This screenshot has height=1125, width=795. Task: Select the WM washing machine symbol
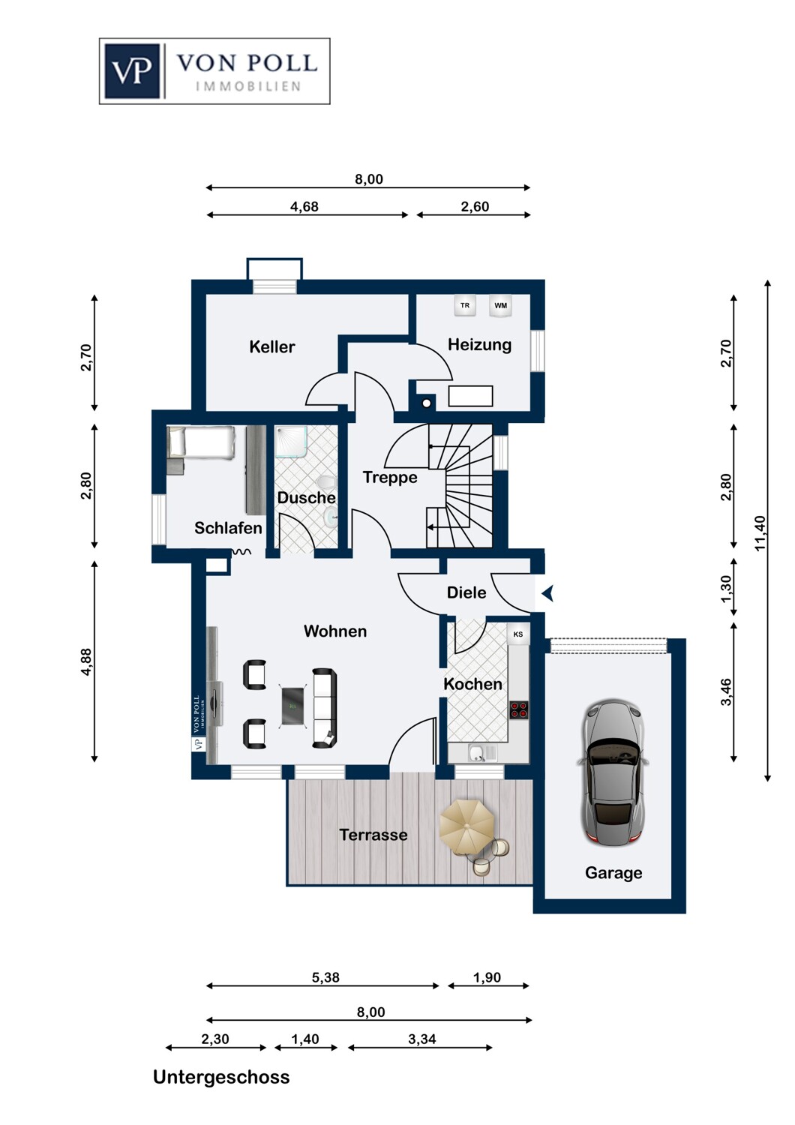[500, 305]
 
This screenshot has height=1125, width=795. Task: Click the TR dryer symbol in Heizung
[464, 305]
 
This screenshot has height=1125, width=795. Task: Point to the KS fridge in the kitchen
[517, 634]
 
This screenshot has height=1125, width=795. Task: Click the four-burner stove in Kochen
[519, 709]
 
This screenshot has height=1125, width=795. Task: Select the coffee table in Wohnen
[292, 706]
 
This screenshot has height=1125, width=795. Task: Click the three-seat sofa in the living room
[325, 708]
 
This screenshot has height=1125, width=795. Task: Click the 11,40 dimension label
[760, 532]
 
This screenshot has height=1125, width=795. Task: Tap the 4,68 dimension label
[304, 206]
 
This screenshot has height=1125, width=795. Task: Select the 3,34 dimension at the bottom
[421, 1039]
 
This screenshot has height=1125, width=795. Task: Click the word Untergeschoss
[221, 1077]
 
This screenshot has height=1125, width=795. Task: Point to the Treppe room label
[390, 477]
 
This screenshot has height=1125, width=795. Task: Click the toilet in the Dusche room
[327, 481]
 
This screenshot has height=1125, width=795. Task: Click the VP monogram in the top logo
[132, 70]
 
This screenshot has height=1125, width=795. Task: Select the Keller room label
[271, 346]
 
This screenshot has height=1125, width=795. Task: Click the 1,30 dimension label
[726, 589]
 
